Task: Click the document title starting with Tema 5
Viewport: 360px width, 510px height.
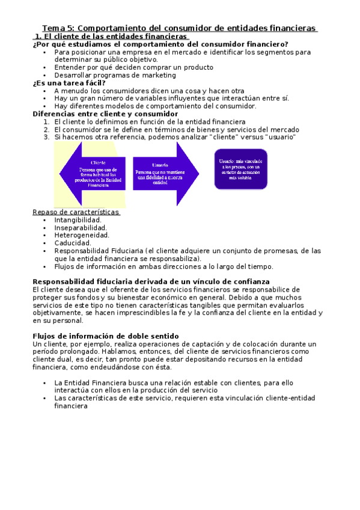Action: point(179,28)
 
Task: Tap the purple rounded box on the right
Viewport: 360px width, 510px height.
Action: point(240,169)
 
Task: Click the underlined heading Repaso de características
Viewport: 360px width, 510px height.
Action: point(76,212)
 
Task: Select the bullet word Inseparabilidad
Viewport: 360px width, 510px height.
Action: point(81,228)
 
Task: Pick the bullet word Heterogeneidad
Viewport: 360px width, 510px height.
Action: point(82,235)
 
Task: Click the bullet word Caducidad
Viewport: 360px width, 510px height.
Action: point(73,243)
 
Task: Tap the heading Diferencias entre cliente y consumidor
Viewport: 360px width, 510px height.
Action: point(105,114)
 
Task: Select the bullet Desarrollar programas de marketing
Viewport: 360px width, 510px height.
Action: point(115,75)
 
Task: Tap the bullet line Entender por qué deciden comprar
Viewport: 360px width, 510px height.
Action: point(133,67)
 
